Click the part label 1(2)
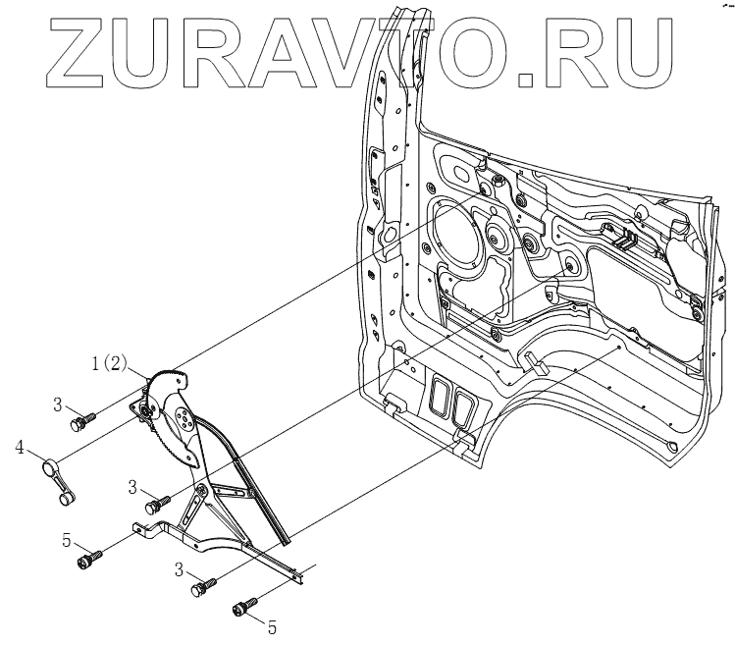tap(109, 364)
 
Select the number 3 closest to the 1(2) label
tap(58, 404)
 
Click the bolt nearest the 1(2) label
tap(80, 422)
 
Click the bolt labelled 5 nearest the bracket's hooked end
tap(87, 561)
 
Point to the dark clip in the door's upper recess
tap(620, 236)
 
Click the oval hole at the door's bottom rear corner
tap(671, 447)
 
